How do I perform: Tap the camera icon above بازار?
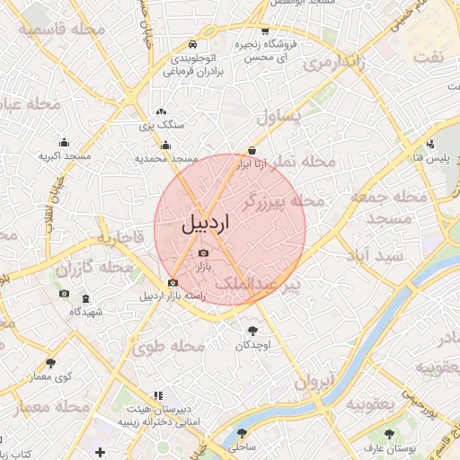tap(201, 253)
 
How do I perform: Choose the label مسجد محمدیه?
tap(165, 158)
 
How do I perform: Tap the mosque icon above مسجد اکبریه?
tap(64, 142)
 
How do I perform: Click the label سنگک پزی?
tap(161, 127)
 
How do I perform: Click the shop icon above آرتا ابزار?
tap(252, 152)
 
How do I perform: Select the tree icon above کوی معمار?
tap(50, 364)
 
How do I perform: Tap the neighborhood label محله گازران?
tap(87, 268)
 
